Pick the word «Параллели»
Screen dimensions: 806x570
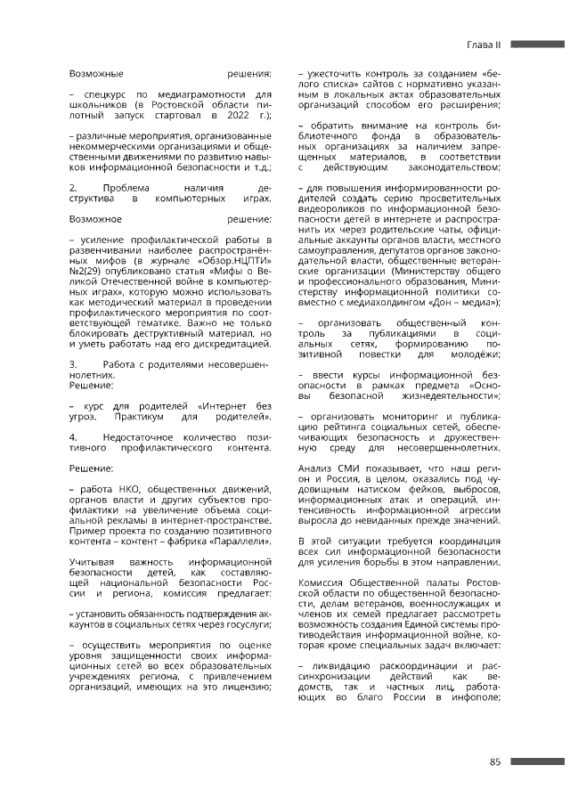237,542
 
